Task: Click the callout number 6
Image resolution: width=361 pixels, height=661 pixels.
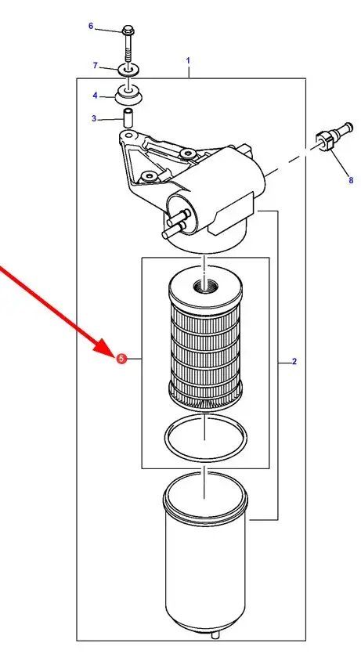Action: [x=91, y=26]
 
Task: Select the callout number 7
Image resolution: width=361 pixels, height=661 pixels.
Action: [x=96, y=65]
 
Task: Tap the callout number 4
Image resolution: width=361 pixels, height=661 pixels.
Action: [x=96, y=96]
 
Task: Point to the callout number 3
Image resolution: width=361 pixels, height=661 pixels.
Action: [x=94, y=118]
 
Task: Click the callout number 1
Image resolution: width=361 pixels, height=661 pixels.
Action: [x=188, y=61]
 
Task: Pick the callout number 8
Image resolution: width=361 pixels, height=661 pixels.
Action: [x=351, y=180]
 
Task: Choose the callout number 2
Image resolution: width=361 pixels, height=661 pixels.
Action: [x=294, y=361]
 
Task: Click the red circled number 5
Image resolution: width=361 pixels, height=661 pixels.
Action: [x=121, y=359]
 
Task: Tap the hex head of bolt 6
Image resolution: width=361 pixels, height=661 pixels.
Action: [x=128, y=31]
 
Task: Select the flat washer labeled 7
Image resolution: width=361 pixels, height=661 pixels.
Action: [x=128, y=69]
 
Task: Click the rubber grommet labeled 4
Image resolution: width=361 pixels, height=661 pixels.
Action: [x=128, y=95]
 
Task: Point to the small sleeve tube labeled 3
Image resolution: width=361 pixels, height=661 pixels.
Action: [x=128, y=118]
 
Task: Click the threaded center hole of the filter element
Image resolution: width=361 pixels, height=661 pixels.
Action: [x=204, y=287]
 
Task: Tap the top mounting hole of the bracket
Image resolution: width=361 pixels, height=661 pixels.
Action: [x=128, y=135]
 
